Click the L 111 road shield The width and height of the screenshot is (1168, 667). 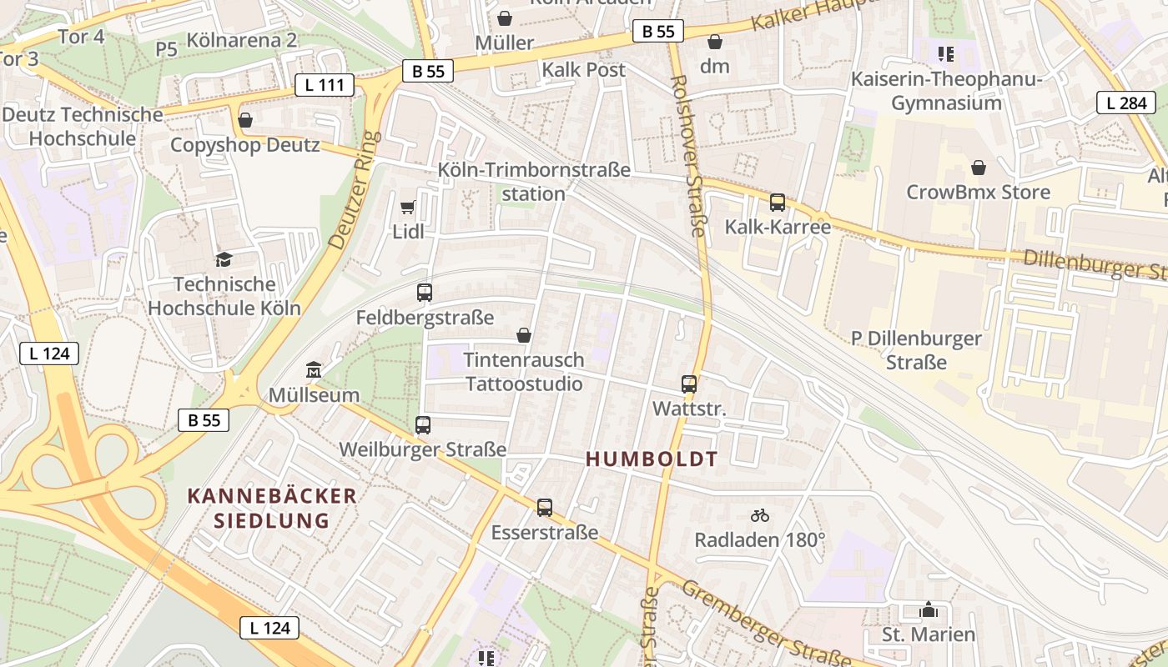point(325,85)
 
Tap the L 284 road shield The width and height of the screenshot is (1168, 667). point(1125,103)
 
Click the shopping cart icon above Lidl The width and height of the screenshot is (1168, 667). point(408,207)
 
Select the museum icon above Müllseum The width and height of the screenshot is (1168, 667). point(314,369)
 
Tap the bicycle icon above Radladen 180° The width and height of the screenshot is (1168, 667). point(759,515)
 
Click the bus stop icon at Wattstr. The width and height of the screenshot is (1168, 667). point(689,384)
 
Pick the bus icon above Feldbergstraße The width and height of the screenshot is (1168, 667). point(425,293)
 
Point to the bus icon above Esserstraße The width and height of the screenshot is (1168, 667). point(545,507)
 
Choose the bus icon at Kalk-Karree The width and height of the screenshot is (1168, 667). point(778,202)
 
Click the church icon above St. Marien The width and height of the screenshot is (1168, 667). point(929,609)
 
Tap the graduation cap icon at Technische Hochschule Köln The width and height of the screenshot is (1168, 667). point(224,259)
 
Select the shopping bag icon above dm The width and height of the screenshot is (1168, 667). point(715,41)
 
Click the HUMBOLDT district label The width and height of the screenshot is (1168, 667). point(652,459)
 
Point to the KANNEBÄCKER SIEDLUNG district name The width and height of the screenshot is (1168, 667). point(272,509)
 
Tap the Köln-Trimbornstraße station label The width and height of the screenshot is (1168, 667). point(534,182)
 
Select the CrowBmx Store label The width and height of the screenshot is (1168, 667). point(979,193)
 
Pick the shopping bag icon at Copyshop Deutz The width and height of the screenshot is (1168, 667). point(245,120)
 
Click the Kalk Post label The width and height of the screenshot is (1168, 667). point(583,70)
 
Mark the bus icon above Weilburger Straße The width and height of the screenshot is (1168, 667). point(423,425)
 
